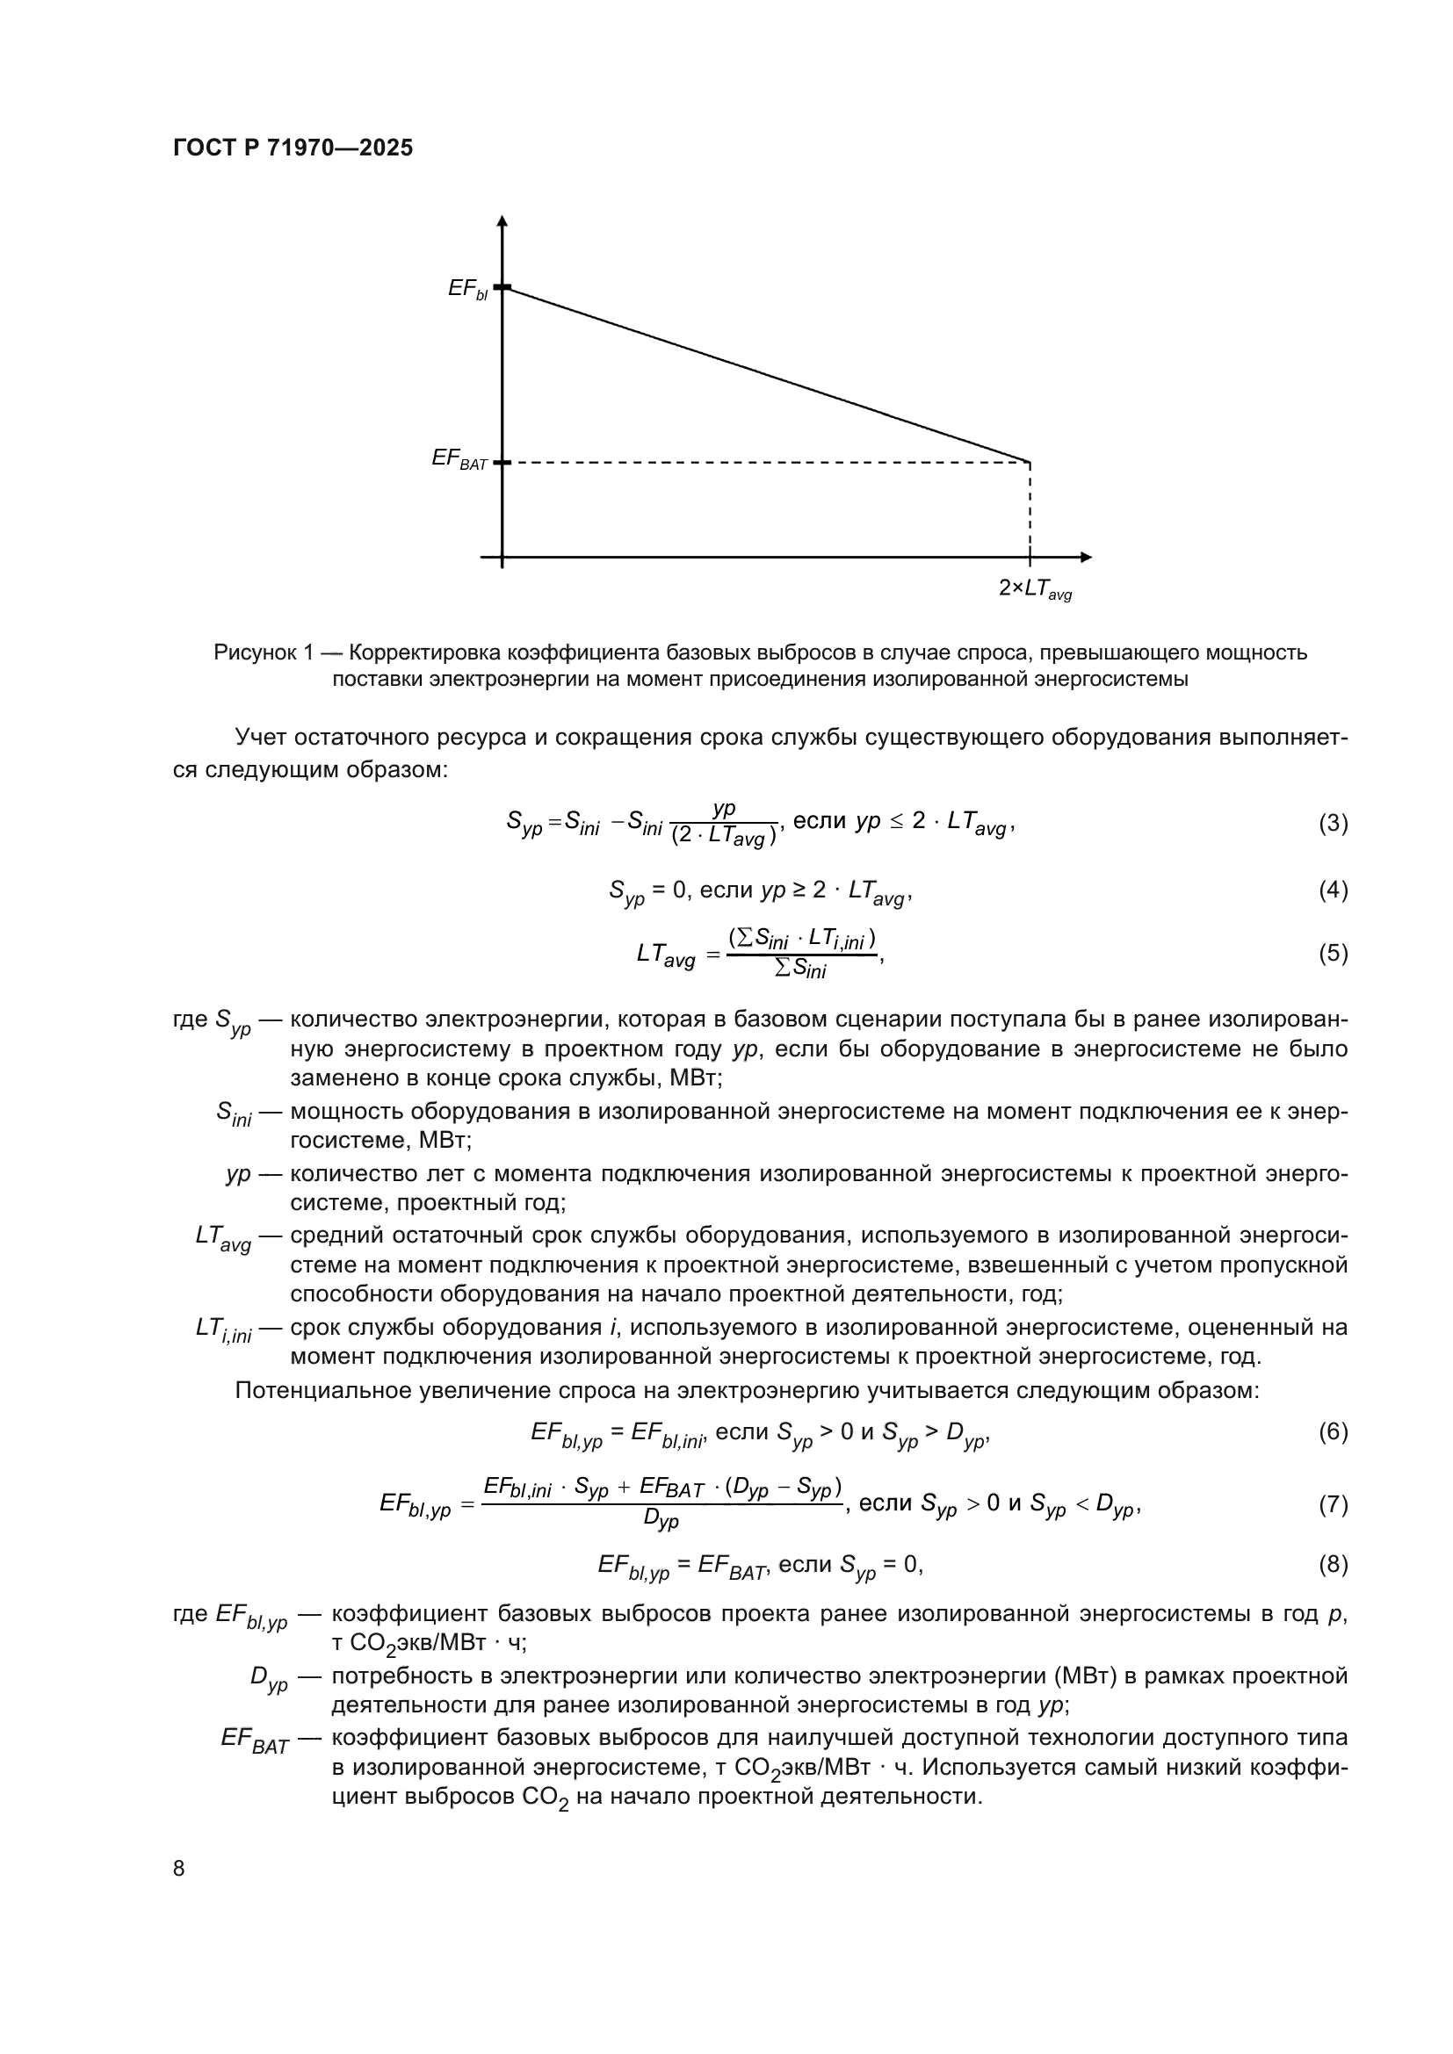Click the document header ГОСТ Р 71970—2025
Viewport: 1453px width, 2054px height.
293,148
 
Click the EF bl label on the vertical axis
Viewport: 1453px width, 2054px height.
467,289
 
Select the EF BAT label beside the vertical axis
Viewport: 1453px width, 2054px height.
459,460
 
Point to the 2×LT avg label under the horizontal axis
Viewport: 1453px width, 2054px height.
1034,588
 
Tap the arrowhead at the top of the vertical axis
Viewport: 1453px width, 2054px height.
502,220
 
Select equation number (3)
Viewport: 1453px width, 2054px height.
1333,823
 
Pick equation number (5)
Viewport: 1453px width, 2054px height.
1333,953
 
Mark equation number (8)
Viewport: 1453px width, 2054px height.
1333,1564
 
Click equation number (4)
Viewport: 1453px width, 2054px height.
1333,890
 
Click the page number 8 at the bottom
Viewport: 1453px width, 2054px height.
179,1868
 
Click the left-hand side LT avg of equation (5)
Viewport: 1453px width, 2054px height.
666,955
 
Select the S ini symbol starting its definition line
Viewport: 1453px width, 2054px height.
234,1113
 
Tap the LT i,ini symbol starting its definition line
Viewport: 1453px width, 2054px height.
223,1329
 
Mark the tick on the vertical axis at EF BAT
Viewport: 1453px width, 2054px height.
502,462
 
